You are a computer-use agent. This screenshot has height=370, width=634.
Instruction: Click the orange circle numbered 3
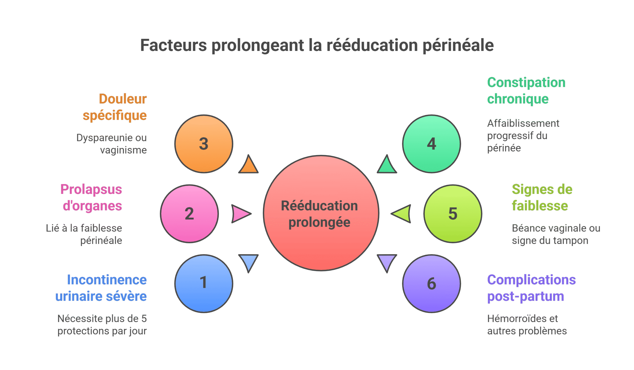click(204, 144)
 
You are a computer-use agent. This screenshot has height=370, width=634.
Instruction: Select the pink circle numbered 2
click(189, 214)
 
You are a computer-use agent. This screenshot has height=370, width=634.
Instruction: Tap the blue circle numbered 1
click(204, 284)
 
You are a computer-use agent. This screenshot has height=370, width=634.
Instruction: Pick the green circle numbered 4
click(431, 144)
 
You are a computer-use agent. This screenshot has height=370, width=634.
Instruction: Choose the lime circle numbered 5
click(453, 214)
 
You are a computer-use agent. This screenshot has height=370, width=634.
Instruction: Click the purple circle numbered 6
click(431, 284)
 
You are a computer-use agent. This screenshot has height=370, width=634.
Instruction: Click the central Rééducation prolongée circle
click(321, 213)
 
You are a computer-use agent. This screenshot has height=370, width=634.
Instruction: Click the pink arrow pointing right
click(240, 214)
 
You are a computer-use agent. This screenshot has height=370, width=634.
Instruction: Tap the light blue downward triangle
click(248, 261)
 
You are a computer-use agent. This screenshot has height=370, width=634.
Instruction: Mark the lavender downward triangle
click(387, 261)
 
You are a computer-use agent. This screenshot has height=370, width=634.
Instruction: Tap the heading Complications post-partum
click(531, 288)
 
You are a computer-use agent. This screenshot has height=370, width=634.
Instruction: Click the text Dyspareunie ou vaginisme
click(112, 144)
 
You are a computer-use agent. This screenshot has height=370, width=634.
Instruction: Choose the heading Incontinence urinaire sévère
click(101, 288)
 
